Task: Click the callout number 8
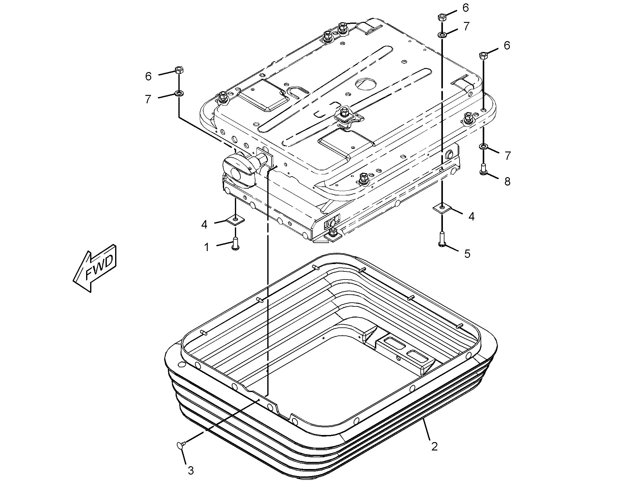pyautogui.click(x=507, y=181)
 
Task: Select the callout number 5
pyautogui.click(x=467, y=254)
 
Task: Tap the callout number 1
pyautogui.click(x=207, y=247)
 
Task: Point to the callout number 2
pyautogui.click(x=434, y=446)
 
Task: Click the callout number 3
pyautogui.click(x=191, y=471)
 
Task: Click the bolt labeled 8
pyautogui.click(x=484, y=169)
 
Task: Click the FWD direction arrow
pyautogui.click(x=94, y=268)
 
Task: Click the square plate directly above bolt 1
pyautogui.click(x=235, y=220)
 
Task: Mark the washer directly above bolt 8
pyautogui.click(x=483, y=146)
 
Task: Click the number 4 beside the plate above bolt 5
pyautogui.click(x=471, y=217)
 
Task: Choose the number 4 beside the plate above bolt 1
pyautogui.click(x=204, y=224)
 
